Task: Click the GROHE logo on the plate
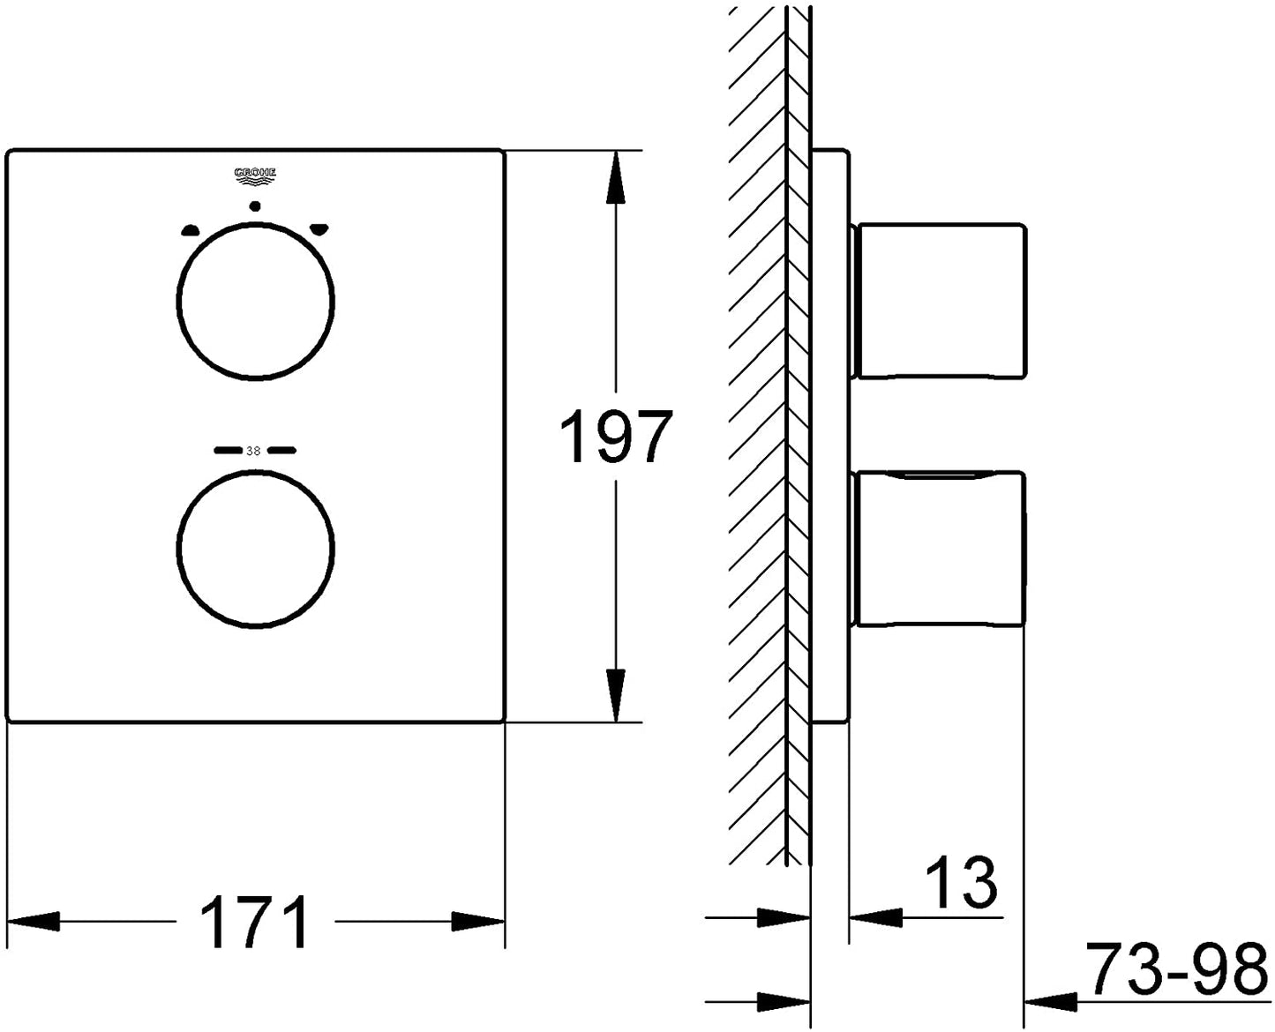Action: point(255,174)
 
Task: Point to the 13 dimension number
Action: point(962,882)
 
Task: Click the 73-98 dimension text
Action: point(1176,969)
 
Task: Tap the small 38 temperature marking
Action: point(253,451)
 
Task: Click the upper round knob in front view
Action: point(256,303)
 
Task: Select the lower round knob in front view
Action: point(256,550)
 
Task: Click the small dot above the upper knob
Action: point(255,207)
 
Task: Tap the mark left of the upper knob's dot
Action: point(191,230)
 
